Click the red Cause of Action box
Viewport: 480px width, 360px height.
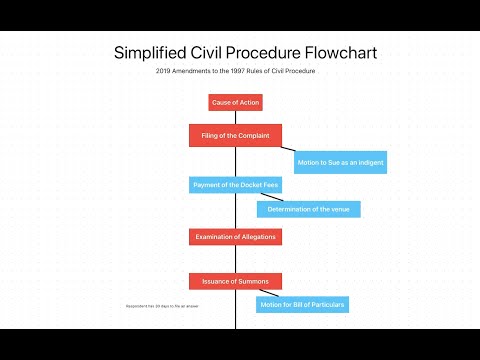[235, 102]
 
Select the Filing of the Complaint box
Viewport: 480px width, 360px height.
[235, 135]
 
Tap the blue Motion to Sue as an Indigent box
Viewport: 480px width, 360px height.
[340, 162]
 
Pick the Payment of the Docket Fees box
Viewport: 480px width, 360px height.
[235, 185]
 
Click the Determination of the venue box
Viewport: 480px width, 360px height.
[308, 209]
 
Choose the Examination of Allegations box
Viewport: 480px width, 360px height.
[235, 237]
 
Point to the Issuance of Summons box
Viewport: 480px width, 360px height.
[235, 281]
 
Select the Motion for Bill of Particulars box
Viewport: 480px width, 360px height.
[302, 304]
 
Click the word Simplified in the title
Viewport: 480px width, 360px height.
[153, 51]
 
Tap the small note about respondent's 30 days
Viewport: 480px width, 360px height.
[161, 304]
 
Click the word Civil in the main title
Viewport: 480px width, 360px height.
[208, 51]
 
